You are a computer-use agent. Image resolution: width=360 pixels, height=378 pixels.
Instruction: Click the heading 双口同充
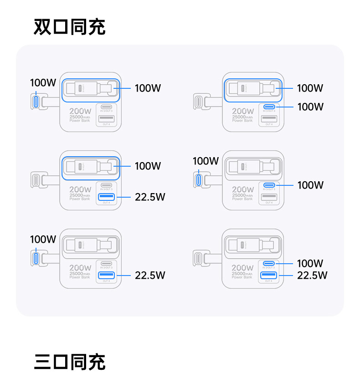[69, 27]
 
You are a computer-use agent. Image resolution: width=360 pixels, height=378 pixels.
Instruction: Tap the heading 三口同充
[69, 362]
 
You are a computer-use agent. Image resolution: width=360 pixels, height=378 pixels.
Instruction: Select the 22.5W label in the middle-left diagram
[150, 197]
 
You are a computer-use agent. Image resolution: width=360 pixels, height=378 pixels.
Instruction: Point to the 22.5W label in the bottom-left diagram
[150, 275]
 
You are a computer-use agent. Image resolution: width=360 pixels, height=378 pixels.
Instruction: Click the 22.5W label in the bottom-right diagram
[312, 275]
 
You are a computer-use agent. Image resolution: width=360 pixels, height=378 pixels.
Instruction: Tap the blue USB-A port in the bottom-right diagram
[269, 275]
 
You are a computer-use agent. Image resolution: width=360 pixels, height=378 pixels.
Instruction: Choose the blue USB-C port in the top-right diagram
[269, 107]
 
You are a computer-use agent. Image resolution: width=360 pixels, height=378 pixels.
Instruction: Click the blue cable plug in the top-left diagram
[36, 101]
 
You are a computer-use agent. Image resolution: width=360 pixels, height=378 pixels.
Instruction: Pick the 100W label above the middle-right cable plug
[206, 161]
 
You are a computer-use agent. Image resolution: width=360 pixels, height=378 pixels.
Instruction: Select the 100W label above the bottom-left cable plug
[43, 239]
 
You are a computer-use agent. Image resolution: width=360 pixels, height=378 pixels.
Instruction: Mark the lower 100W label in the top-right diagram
[310, 107]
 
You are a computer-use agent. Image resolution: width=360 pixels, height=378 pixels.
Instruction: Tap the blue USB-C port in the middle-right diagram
[269, 185]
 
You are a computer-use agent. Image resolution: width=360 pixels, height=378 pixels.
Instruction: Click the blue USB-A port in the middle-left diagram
[107, 197]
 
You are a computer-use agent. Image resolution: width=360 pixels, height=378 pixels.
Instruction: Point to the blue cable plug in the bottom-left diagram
[36, 257]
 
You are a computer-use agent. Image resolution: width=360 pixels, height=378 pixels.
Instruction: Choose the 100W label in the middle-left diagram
[148, 166]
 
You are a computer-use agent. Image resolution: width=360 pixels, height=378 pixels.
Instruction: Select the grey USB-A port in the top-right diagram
[269, 119]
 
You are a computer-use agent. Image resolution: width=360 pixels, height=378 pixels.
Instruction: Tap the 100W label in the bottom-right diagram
[310, 263]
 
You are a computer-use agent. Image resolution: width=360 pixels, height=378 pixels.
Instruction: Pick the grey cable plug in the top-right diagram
[199, 101]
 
